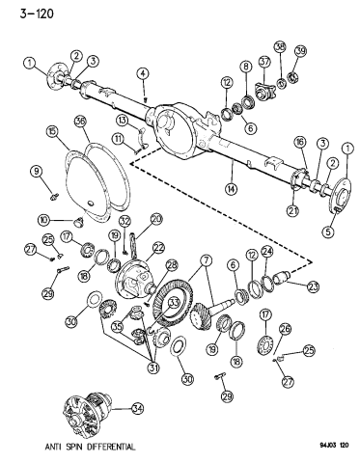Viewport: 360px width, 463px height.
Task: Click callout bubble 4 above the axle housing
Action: pos(142,72)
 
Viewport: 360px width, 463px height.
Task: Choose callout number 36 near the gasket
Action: pos(80,122)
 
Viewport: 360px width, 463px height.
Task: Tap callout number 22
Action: pos(157,248)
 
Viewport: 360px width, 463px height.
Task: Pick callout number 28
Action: pos(171,264)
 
